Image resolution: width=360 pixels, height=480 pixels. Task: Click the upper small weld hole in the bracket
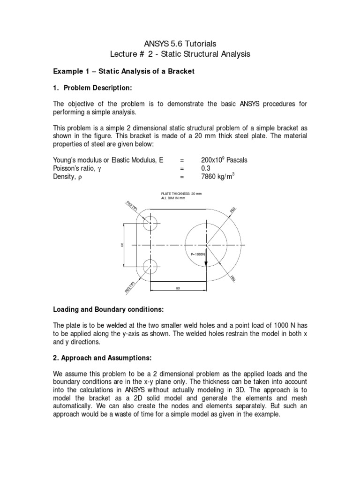pyautogui.click(x=150, y=224)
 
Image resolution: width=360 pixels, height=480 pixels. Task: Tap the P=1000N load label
pyautogui.click(x=198, y=254)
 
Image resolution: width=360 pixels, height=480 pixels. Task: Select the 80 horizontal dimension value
pyautogui.click(x=178, y=288)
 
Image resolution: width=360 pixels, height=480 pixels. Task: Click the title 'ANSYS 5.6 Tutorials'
pyautogui.click(x=180, y=44)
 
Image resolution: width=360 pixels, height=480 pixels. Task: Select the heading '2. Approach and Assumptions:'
pyautogui.click(x=102, y=357)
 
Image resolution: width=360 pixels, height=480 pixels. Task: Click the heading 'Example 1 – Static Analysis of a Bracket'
pyautogui.click(x=124, y=71)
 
